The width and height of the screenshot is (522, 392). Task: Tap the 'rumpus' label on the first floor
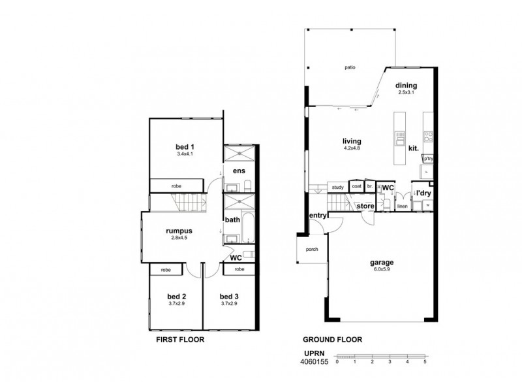pyautogui.click(x=177, y=230)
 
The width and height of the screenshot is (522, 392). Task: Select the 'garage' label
pyautogui.click(x=383, y=263)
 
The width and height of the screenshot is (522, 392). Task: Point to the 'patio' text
pyautogui.click(x=350, y=67)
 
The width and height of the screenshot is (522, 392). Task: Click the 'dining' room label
pyautogui.click(x=407, y=86)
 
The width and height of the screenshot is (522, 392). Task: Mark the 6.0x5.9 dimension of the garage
pyautogui.click(x=383, y=270)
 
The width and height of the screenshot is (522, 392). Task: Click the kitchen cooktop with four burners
pyautogui.click(x=429, y=137)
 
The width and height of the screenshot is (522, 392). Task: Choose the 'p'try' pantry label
pyautogui.click(x=428, y=159)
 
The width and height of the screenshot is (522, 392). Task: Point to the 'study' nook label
pyautogui.click(x=337, y=187)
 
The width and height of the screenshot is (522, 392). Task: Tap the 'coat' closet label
pyautogui.click(x=356, y=186)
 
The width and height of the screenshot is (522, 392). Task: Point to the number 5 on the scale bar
pyautogui.click(x=425, y=361)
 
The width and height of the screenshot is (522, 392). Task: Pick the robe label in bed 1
pyautogui.click(x=176, y=186)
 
